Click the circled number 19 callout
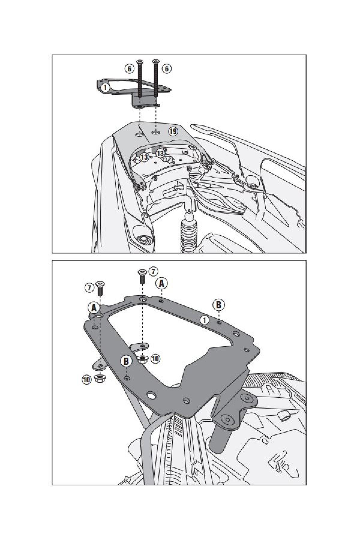pos(172,131)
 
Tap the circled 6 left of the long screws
pos(129,69)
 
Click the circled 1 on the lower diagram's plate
pos(205,320)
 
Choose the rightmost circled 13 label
pos(160,153)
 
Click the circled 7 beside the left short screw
pos(89,287)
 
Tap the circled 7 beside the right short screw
pos(153,272)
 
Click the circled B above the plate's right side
pos(218,305)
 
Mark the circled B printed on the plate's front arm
pos(126,361)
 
